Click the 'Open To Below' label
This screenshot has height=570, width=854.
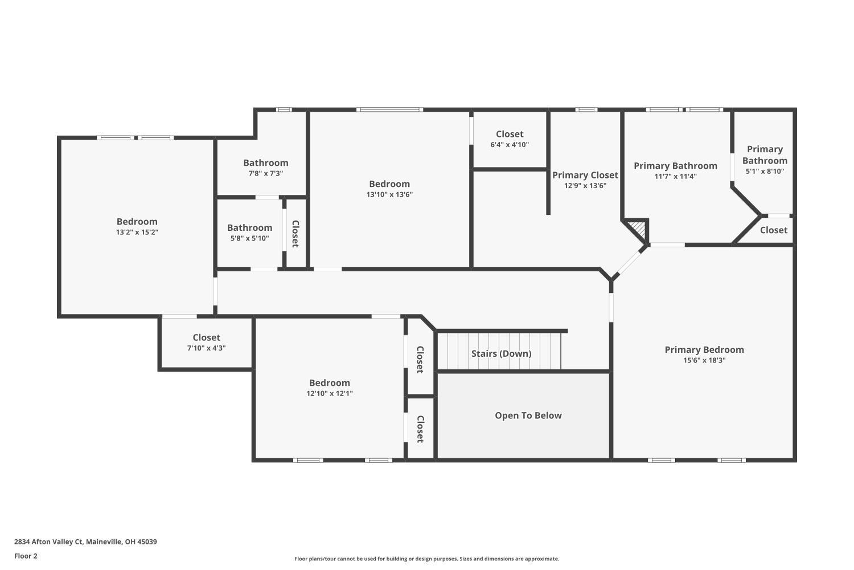(528, 416)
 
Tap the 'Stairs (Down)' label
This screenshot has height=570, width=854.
(501, 353)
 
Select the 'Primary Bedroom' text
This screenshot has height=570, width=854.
(704, 349)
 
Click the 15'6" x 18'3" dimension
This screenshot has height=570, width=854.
(704, 360)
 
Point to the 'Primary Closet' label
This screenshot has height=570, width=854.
(585, 175)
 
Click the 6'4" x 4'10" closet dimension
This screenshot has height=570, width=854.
(510, 145)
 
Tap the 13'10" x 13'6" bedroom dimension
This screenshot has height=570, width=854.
(389, 194)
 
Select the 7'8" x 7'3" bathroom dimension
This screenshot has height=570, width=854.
(265, 173)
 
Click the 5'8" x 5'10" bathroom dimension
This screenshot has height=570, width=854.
(249, 238)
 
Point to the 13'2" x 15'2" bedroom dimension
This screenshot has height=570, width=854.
(137, 232)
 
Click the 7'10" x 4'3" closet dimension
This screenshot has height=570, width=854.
(206, 348)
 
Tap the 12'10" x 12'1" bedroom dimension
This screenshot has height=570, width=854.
(329, 393)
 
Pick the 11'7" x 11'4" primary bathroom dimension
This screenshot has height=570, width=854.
(675, 176)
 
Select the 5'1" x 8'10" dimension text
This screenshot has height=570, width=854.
(765, 171)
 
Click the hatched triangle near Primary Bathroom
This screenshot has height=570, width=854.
(639, 229)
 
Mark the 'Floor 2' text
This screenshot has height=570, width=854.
(26, 556)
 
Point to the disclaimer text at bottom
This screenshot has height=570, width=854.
(426, 559)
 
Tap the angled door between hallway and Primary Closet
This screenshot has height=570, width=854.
(629, 263)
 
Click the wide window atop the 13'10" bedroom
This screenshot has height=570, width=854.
(389, 109)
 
